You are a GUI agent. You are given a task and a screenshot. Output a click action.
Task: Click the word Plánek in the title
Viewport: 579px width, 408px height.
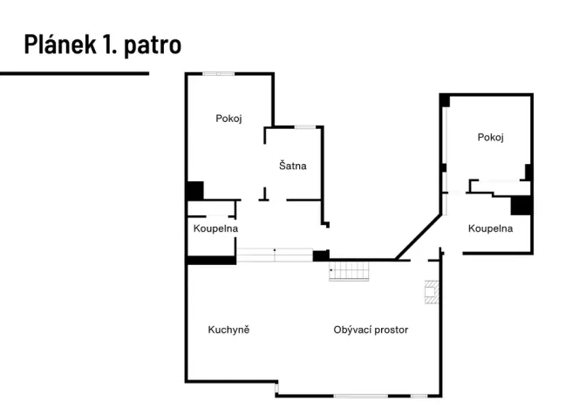click(x=57, y=44)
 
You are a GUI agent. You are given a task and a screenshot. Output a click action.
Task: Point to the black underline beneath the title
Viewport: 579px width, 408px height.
click(x=74, y=73)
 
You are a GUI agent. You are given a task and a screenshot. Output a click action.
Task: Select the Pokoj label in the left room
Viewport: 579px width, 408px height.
click(x=228, y=119)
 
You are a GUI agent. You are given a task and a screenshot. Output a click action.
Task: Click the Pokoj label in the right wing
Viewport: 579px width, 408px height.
click(x=491, y=137)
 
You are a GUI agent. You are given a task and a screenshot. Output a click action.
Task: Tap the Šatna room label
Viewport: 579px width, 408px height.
click(x=293, y=165)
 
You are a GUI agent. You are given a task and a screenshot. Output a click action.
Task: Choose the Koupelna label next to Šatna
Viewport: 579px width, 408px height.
click(x=215, y=228)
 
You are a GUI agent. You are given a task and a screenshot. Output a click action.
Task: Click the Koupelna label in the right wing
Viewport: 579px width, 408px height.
click(x=490, y=228)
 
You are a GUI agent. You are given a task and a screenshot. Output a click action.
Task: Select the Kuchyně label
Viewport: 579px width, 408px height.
click(x=229, y=330)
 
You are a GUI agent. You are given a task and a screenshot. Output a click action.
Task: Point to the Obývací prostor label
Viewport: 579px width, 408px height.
click(x=371, y=330)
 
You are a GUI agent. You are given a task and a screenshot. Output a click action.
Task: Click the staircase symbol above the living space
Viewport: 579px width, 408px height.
click(x=351, y=271)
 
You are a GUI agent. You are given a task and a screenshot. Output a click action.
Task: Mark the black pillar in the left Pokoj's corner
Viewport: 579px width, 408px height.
click(x=194, y=191)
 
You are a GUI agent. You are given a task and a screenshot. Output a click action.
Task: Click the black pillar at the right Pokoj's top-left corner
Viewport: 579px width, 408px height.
click(x=445, y=100)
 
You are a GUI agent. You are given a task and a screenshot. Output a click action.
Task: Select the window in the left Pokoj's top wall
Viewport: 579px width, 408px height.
click(x=218, y=73)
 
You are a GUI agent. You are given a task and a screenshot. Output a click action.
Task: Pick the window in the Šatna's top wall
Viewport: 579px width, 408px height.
click(x=304, y=127)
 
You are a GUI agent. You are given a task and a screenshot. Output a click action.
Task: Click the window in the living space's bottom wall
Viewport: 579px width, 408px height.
click(x=360, y=396)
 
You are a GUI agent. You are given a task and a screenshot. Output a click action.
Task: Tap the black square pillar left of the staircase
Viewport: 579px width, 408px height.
click(x=321, y=255)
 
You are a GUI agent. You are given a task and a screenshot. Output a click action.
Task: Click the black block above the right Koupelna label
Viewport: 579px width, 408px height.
click(x=521, y=204)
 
